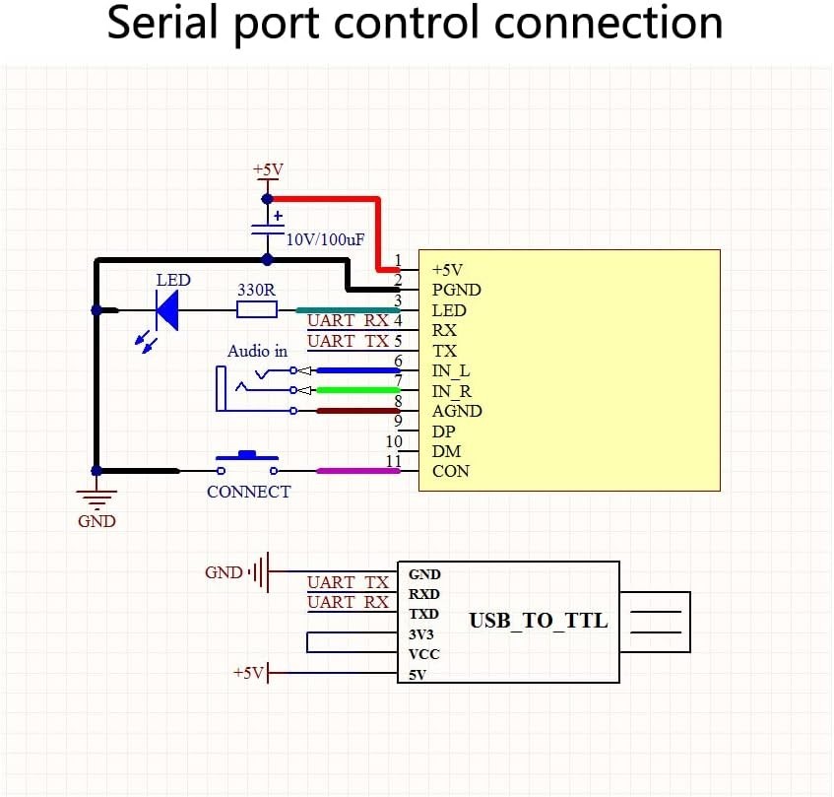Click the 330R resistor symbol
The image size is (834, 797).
[257, 309]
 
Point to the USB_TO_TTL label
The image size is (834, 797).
[538, 621]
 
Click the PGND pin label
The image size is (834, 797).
[457, 290]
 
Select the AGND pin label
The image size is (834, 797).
[457, 411]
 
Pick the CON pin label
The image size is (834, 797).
[451, 471]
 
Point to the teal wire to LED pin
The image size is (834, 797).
[345, 309]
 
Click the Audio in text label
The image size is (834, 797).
[257, 351]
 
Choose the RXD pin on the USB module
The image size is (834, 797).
[424, 594]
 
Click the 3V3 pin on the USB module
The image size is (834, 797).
[421, 634]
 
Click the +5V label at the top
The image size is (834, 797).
[268, 169]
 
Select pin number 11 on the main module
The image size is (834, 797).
[393, 461]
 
